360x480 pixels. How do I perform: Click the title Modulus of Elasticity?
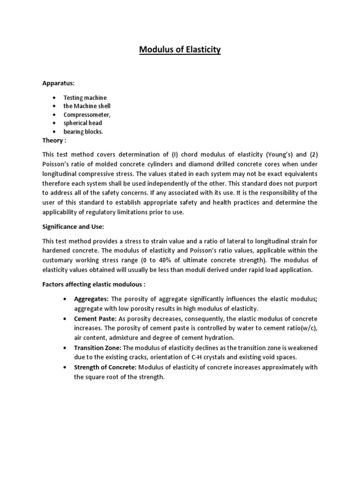coord(180,50)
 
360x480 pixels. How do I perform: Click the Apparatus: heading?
coord(59,83)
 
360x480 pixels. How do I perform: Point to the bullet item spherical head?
coord(83,123)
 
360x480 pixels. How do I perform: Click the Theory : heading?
coord(54,140)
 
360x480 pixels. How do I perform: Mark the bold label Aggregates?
coord(91,299)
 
